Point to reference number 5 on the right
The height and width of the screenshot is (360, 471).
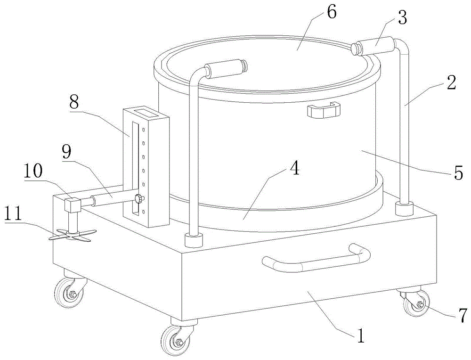tap(459, 172)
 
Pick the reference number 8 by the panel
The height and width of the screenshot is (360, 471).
tap(75, 103)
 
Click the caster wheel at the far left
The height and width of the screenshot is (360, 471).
tap(67, 295)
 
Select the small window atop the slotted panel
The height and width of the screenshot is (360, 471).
tap(146, 113)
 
